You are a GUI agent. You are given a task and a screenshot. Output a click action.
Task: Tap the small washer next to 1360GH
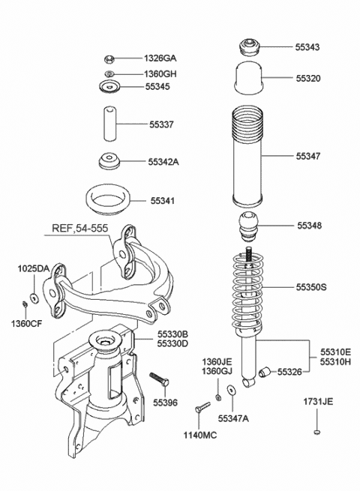110,73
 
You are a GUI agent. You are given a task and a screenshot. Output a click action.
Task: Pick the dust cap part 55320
249,78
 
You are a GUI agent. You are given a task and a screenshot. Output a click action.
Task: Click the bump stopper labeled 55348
249,225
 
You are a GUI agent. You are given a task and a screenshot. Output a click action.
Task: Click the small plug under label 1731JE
318,433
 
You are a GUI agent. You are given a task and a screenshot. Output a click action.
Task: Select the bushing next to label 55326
264,372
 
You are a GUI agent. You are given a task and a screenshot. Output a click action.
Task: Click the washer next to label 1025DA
34,289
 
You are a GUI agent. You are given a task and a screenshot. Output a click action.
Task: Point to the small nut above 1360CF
26,304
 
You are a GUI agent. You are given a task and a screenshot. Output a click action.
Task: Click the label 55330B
172,334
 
